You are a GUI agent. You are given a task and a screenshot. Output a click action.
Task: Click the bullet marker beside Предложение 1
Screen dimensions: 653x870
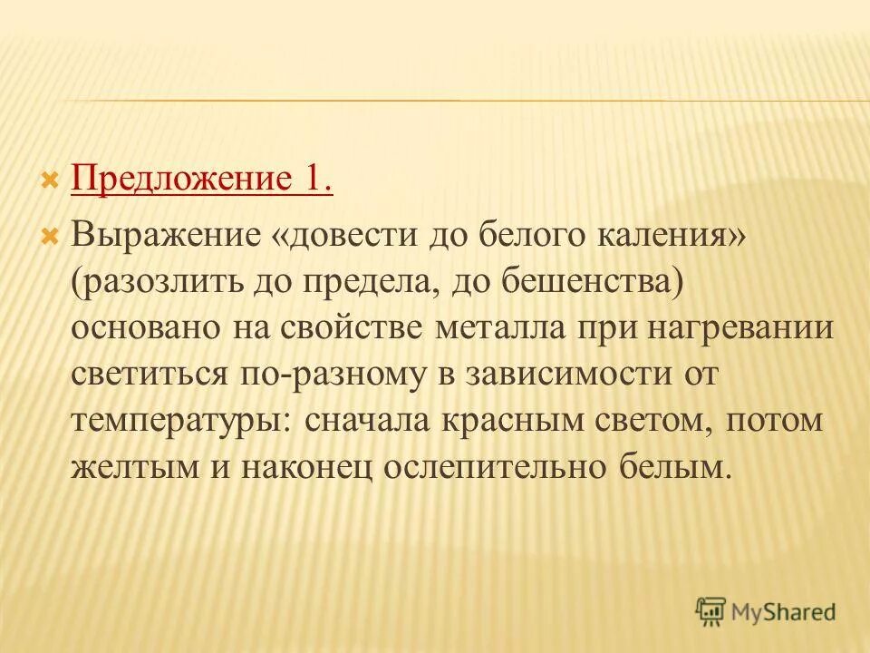(x=52, y=180)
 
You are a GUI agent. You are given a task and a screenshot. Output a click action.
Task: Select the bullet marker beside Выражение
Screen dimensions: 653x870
(x=52, y=235)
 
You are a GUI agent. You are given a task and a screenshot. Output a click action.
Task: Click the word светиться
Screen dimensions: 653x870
(x=149, y=374)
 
